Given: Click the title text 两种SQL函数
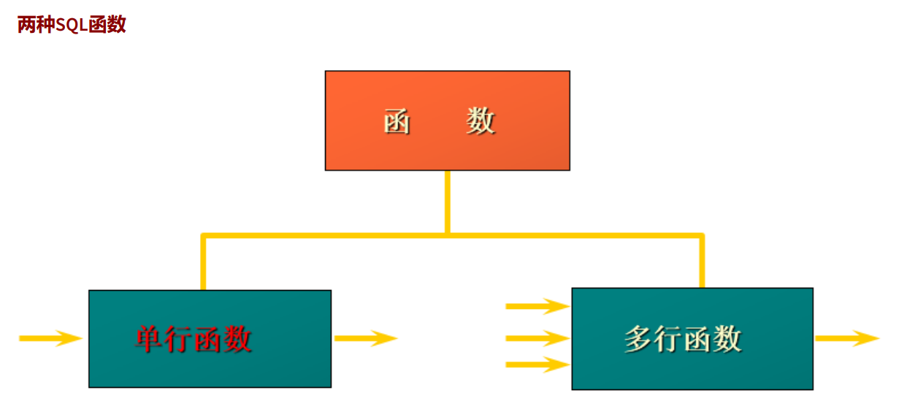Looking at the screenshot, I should [72, 24].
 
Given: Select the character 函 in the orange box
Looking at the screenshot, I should [397, 121].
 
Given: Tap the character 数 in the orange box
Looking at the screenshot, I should [481, 121].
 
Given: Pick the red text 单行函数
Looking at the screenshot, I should [194, 339].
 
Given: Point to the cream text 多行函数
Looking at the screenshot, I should [683, 339].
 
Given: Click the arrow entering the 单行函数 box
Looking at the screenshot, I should [50, 338].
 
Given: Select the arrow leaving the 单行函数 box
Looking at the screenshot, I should [365, 338].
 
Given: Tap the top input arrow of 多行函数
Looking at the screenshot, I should [537, 306].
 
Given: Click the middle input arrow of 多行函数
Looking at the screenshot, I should [537, 338].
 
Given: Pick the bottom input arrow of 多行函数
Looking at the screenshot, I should [537, 365].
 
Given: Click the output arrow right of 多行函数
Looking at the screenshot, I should [846, 338].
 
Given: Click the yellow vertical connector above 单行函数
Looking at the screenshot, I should [204, 263].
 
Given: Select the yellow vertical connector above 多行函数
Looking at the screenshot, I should [701, 262].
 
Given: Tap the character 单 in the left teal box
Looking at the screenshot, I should [148, 339].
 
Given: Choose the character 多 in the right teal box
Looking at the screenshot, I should [638, 339].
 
